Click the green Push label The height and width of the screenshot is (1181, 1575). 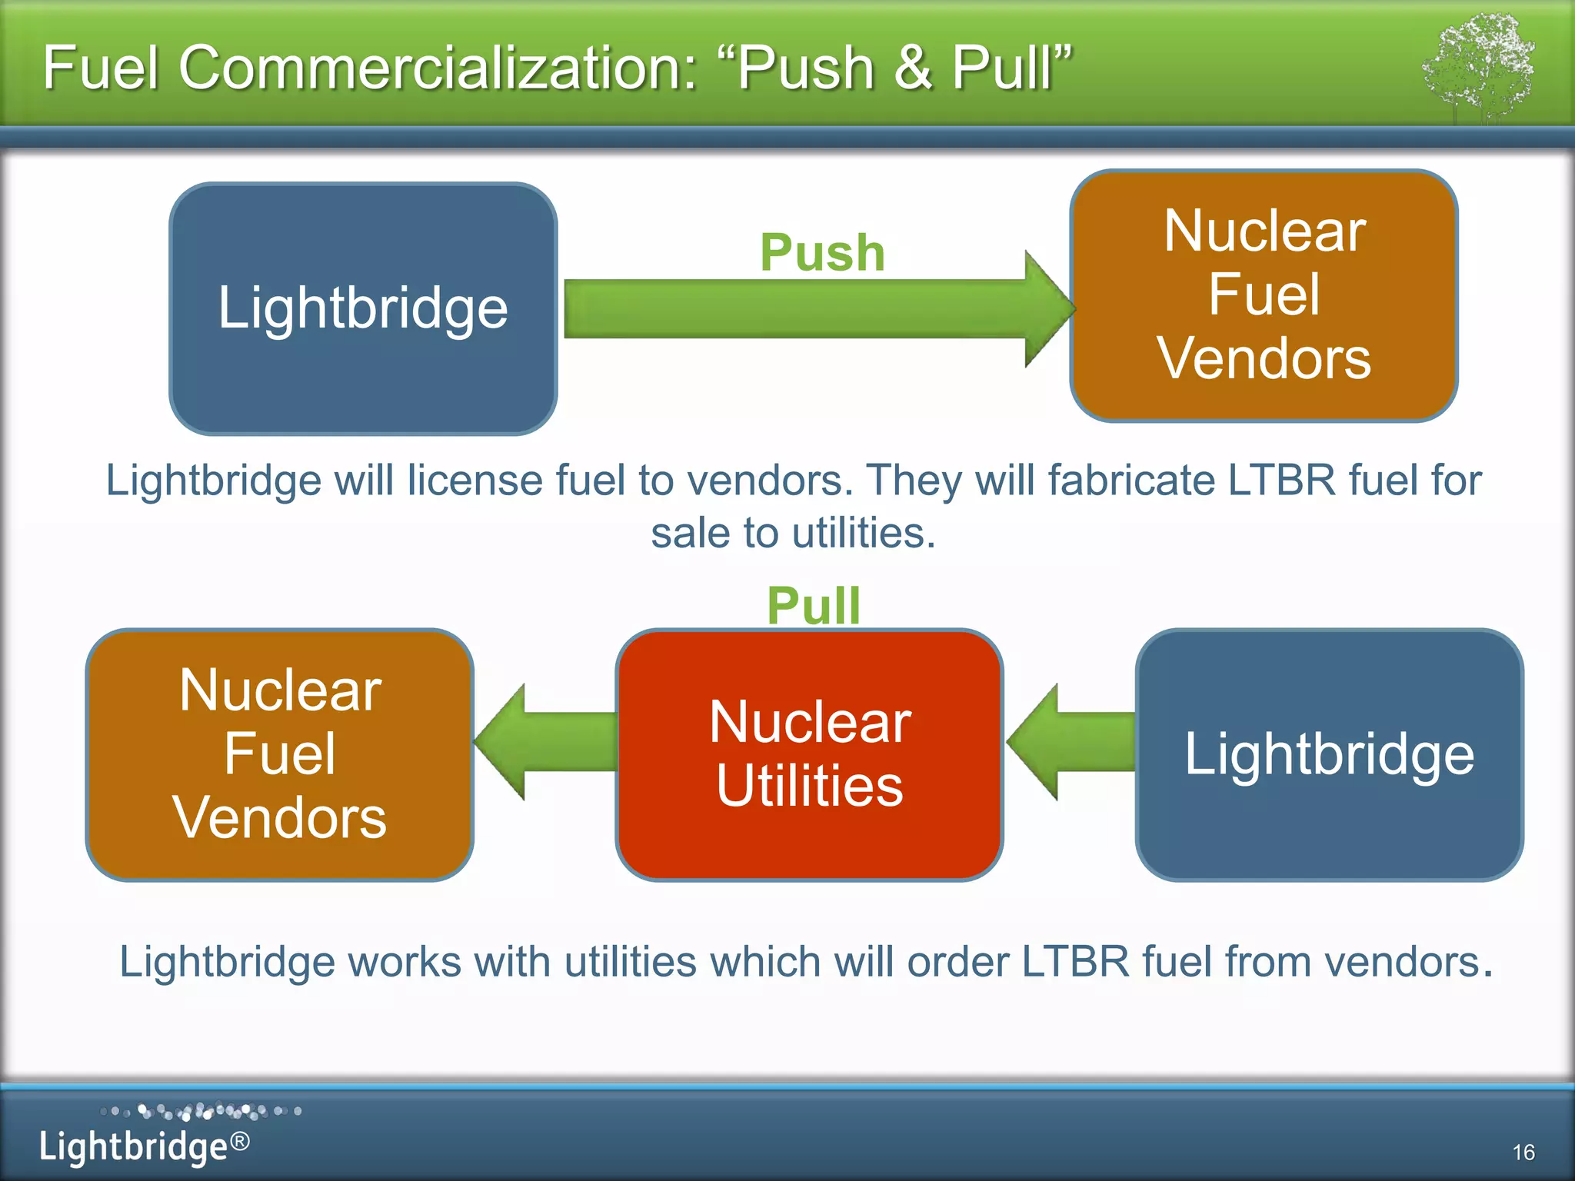pos(822,252)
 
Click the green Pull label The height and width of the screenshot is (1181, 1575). pos(814,605)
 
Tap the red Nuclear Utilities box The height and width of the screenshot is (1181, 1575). pos(809,754)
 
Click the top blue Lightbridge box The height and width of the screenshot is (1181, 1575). pos(363,308)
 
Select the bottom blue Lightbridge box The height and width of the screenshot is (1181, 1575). pos(1329,754)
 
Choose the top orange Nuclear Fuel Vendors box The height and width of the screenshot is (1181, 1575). pos(1264,295)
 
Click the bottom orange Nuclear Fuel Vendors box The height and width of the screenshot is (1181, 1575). pos(280,754)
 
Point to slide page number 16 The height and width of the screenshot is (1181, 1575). pos(1523,1152)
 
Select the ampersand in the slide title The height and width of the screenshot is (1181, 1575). pos(914,68)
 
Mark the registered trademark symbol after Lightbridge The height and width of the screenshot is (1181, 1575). pos(240,1141)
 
